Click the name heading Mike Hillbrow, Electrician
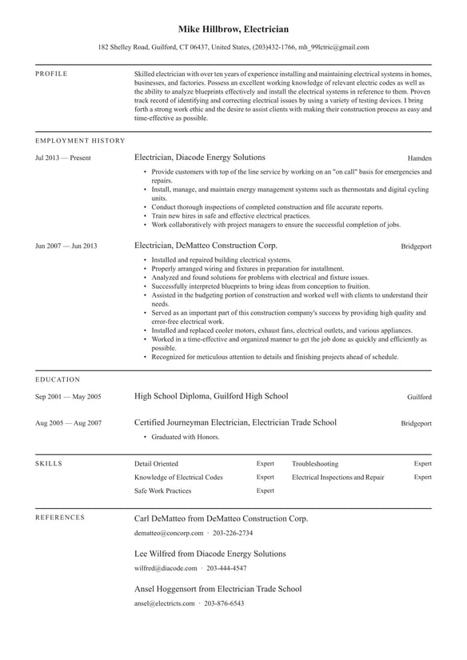pos(233,29)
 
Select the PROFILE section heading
pos(52,74)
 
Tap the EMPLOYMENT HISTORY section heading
pos(80,141)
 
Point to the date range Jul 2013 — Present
pos(63,158)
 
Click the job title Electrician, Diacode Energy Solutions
pos(199,158)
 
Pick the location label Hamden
pos(419,158)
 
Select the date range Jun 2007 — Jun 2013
pos(66,246)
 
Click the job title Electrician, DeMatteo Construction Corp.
pos(206,246)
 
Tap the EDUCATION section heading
pos(58,379)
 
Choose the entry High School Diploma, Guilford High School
pos(211,396)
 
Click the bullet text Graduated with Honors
pos(186,438)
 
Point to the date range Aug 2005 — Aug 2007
pos(68,423)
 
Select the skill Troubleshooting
pos(314,463)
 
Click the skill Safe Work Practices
pos(162,490)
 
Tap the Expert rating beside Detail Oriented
pos(265,463)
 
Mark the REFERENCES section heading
pos(60,518)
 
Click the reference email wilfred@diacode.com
pos(166,568)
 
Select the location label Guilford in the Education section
pos(419,397)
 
